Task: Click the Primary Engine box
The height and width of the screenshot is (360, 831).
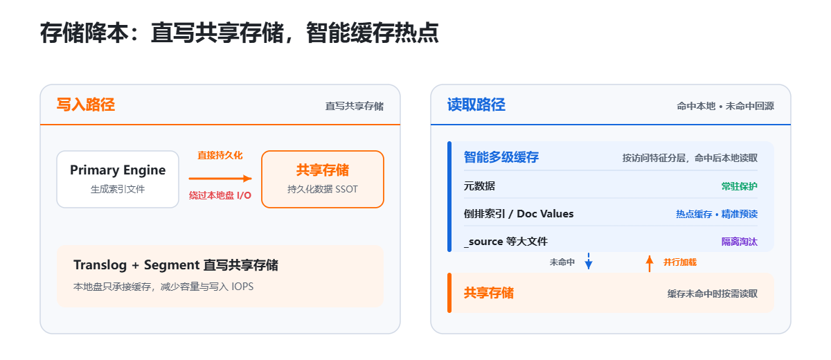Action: coord(118,179)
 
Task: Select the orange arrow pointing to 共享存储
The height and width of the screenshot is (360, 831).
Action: coord(220,179)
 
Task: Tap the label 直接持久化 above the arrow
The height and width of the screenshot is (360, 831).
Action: coord(220,155)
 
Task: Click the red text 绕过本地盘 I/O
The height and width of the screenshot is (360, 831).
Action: coord(220,195)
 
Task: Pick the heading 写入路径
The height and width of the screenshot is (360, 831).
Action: coord(86,105)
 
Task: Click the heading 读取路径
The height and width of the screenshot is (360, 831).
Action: coord(476,105)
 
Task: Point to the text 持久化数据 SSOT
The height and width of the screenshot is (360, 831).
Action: coord(323,190)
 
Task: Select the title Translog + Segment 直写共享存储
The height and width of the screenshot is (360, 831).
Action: coord(176,265)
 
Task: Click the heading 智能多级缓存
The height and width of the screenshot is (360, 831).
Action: coord(501,157)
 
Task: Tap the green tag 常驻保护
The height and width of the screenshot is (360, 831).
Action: coord(740,186)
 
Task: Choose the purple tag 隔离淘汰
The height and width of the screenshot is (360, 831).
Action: coord(740,242)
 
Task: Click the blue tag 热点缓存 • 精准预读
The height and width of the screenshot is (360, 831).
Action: coord(717,214)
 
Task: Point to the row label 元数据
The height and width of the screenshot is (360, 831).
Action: coord(479,186)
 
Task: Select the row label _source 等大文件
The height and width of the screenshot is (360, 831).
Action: coord(506,242)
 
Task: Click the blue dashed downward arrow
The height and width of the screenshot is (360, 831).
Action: coord(589,260)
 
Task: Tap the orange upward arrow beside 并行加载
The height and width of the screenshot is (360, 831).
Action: coord(650,264)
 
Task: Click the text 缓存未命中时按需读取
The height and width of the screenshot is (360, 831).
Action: coord(713,294)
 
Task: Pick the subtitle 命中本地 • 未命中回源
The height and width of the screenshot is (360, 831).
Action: coord(725,107)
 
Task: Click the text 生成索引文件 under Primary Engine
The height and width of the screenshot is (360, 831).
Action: coord(118,190)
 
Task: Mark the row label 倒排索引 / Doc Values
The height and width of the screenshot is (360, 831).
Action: coord(519,213)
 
